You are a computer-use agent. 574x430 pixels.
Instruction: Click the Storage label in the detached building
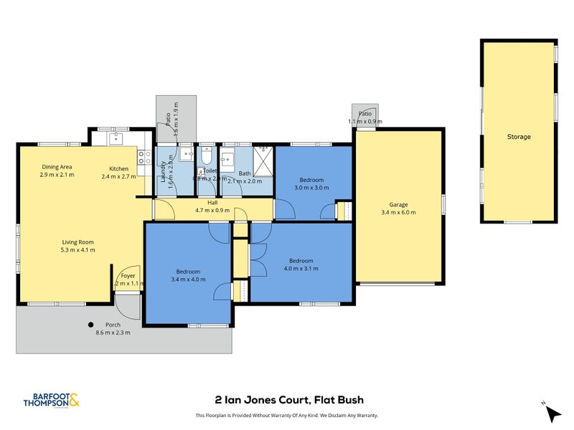tap(518, 137)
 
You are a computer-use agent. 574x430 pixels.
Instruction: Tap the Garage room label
tap(399, 203)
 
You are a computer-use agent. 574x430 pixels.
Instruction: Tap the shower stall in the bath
tap(263, 161)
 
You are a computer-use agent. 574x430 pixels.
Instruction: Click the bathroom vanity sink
tap(228, 159)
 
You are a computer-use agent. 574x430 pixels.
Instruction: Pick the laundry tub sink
tap(185, 153)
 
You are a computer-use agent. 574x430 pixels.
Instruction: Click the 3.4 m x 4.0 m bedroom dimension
tap(188, 279)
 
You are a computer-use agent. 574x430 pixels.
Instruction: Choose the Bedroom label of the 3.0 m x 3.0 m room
tap(311, 180)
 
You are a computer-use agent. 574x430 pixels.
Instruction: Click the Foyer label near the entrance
tap(128, 276)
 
